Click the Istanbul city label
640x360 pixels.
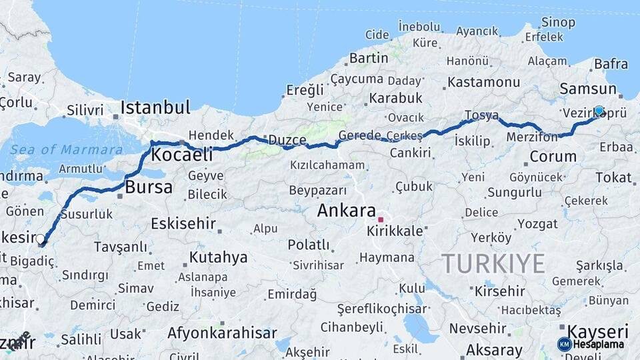click(155, 107)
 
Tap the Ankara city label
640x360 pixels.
click(346, 211)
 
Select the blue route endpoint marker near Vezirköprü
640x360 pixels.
click(599, 111)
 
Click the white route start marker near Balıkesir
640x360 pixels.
click(41, 239)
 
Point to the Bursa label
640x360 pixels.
click(149, 187)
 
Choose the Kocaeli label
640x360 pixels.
click(182, 155)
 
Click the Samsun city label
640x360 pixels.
click(588, 89)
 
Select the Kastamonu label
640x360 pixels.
click(483, 82)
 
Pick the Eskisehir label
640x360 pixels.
click(183, 223)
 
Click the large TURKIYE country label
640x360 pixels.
click(493, 263)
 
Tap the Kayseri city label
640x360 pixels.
click(597, 331)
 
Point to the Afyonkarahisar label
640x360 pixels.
click(222, 333)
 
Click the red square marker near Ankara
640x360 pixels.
click(381, 219)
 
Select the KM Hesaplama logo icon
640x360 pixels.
click(565, 344)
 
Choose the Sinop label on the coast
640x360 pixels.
click(559, 23)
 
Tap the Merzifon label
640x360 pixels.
click(531, 137)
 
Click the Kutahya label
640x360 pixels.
click(218, 257)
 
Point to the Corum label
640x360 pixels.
click(553, 157)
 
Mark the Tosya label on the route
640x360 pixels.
click(481, 115)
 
